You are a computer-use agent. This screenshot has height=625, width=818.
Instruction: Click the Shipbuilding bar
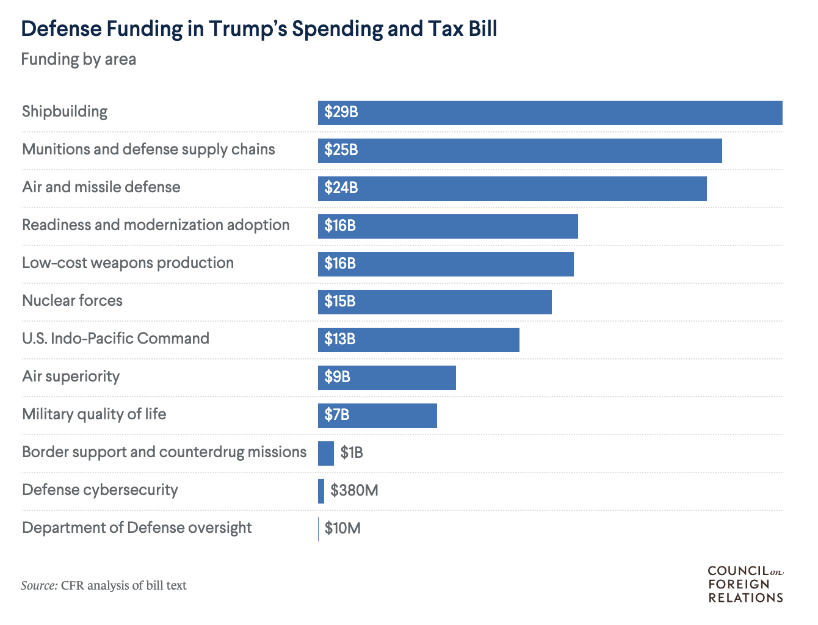coord(549,113)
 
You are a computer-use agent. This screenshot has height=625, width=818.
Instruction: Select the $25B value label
coord(341,150)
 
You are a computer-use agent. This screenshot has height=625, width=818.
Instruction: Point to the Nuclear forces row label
coord(72,301)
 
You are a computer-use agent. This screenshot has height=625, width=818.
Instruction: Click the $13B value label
coord(340,339)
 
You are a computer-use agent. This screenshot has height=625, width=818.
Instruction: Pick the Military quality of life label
coord(94,414)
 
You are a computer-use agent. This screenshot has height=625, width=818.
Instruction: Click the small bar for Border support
coord(326,453)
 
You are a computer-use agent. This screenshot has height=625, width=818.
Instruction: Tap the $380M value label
coord(354,491)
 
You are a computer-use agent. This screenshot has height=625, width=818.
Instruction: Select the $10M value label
coord(342,529)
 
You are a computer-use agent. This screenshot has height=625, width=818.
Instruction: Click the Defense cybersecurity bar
coord(321,491)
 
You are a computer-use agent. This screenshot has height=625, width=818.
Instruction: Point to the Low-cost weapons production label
coord(128,263)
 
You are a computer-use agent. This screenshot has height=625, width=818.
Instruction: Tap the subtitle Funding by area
coord(78,60)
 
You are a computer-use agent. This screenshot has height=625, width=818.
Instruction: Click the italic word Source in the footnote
coord(39,585)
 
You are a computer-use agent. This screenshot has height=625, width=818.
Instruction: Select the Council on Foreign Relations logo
coord(745,584)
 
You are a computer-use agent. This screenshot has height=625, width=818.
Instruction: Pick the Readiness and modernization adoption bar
coord(447,226)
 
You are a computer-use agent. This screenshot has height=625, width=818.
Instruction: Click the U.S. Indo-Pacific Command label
coord(115,339)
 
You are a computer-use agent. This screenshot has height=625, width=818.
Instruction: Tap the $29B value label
coord(341,112)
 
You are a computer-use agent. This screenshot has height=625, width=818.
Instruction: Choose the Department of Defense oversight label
coord(137,528)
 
